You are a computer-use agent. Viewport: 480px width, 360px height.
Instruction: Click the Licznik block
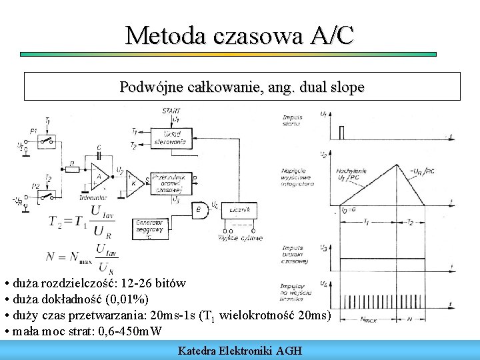(239, 209)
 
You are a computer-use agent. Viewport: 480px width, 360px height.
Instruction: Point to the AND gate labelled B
(199, 209)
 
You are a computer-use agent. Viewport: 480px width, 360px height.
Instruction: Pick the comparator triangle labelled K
(135, 181)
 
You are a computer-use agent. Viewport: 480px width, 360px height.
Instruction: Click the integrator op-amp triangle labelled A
(101, 177)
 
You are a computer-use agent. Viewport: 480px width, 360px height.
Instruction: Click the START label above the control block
(171, 110)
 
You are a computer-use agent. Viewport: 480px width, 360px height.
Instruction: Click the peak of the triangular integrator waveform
(398, 165)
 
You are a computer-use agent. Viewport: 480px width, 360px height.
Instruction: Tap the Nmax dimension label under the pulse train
(369, 319)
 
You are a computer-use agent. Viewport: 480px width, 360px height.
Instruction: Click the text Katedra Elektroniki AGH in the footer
(240, 350)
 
